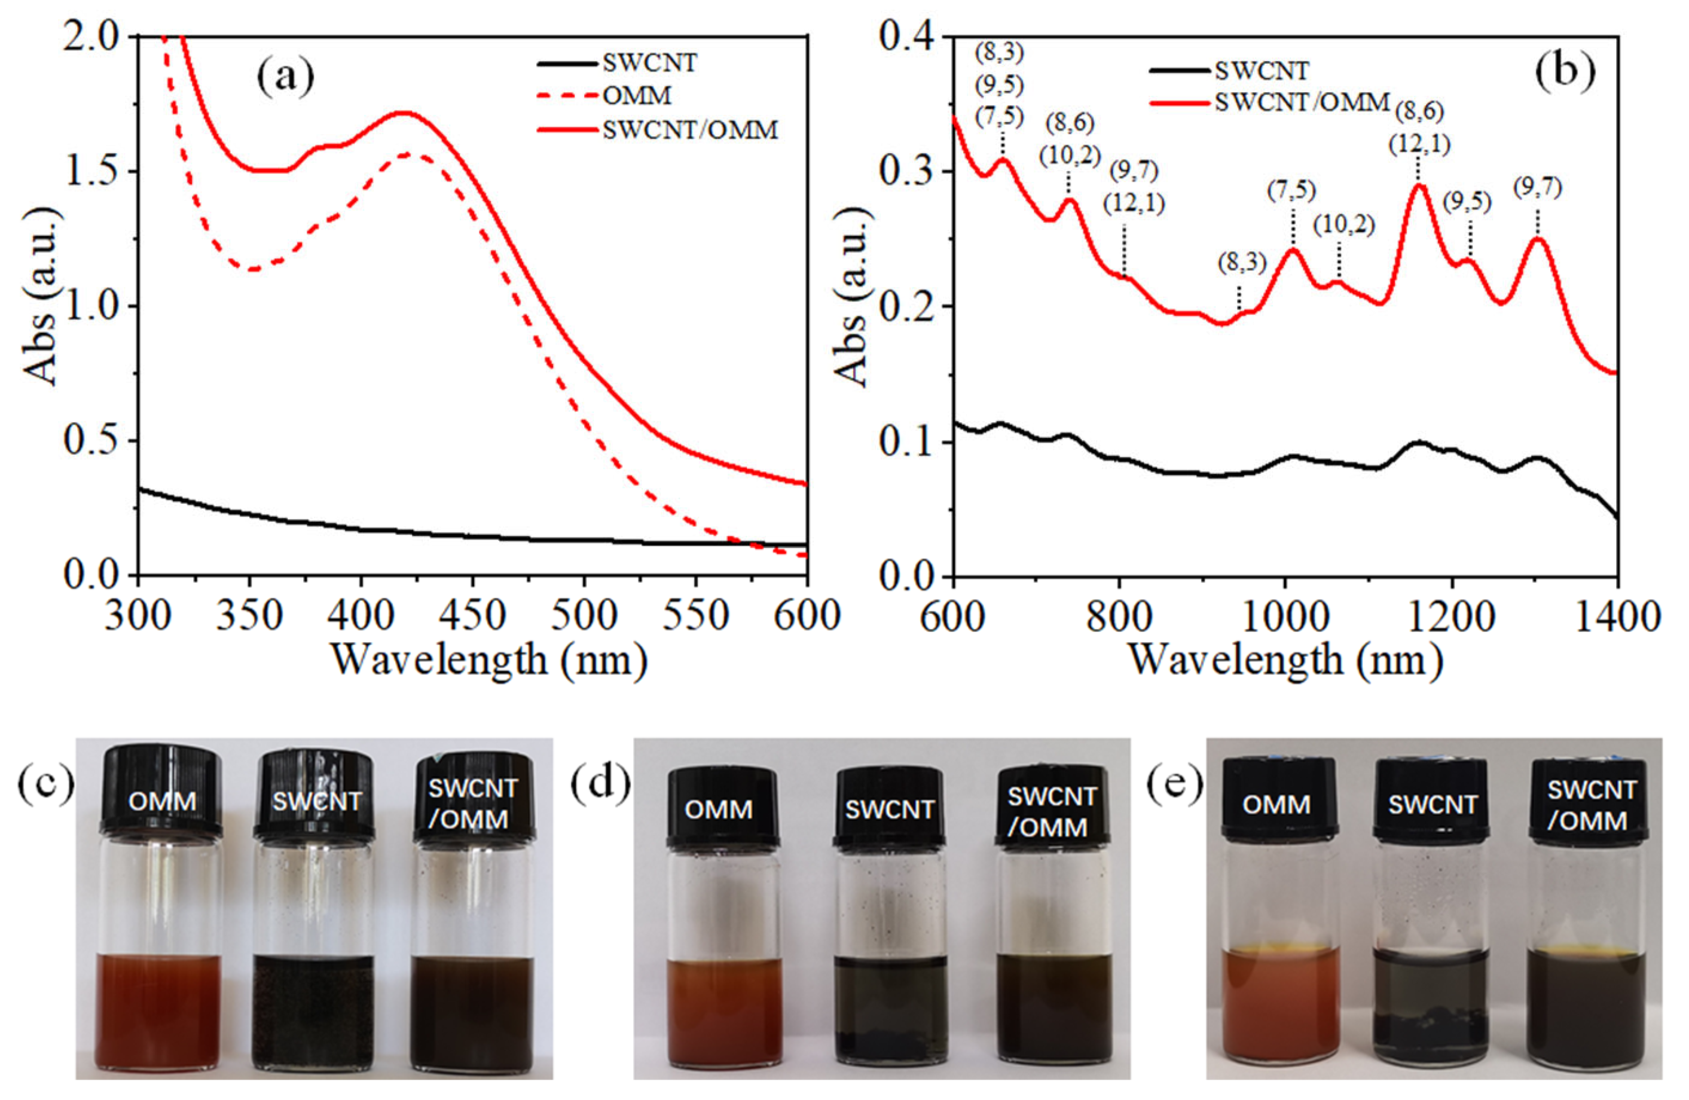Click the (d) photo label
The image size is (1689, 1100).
600,785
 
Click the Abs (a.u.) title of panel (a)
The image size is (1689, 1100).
41,298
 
